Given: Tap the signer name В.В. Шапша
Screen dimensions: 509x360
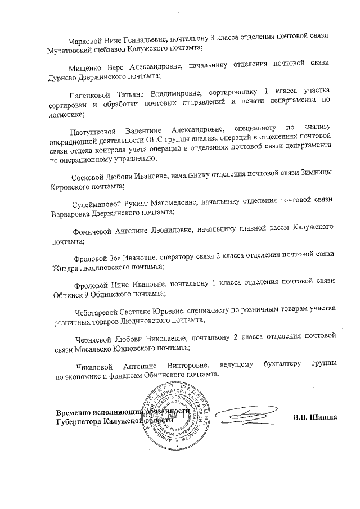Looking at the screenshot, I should (x=315, y=417).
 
